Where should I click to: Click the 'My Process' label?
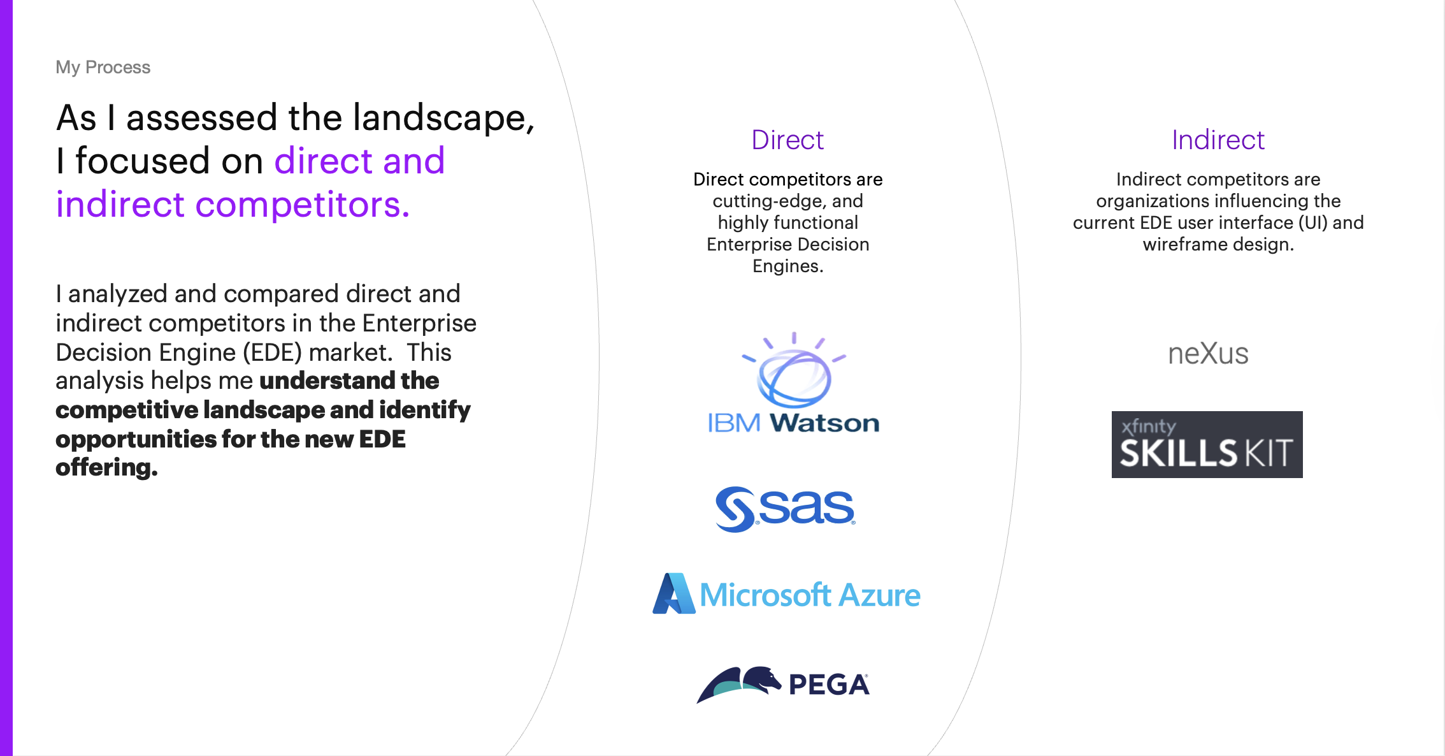tap(103, 67)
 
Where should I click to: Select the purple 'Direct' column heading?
tap(787, 140)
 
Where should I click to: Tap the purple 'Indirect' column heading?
tap(1218, 140)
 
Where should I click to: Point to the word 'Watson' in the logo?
tap(824, 423)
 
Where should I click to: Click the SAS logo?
tap(785, 509)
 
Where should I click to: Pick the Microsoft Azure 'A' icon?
tap(673, 594)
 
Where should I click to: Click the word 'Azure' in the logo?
tap(879, 595)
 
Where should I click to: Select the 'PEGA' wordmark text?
tap(829, 685)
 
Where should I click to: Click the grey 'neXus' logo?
tap(1208, 354)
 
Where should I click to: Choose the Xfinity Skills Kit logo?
tap(1207, 444)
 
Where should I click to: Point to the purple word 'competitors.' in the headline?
tap(302, 205)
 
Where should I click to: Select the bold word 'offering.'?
tap(106, 468)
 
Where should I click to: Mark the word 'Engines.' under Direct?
tap(787, 266)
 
